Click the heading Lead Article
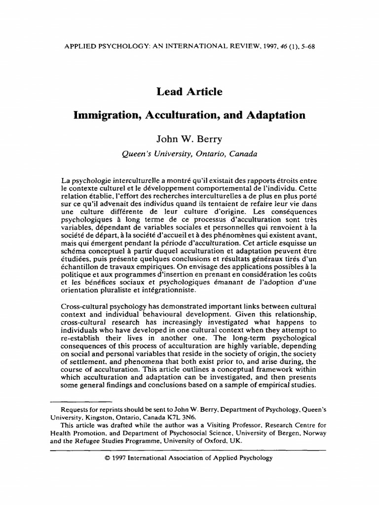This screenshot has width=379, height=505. [x=189, y=92]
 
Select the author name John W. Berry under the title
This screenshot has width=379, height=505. [x=189, y=139]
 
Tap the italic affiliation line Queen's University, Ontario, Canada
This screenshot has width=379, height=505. [x=189, y=153]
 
